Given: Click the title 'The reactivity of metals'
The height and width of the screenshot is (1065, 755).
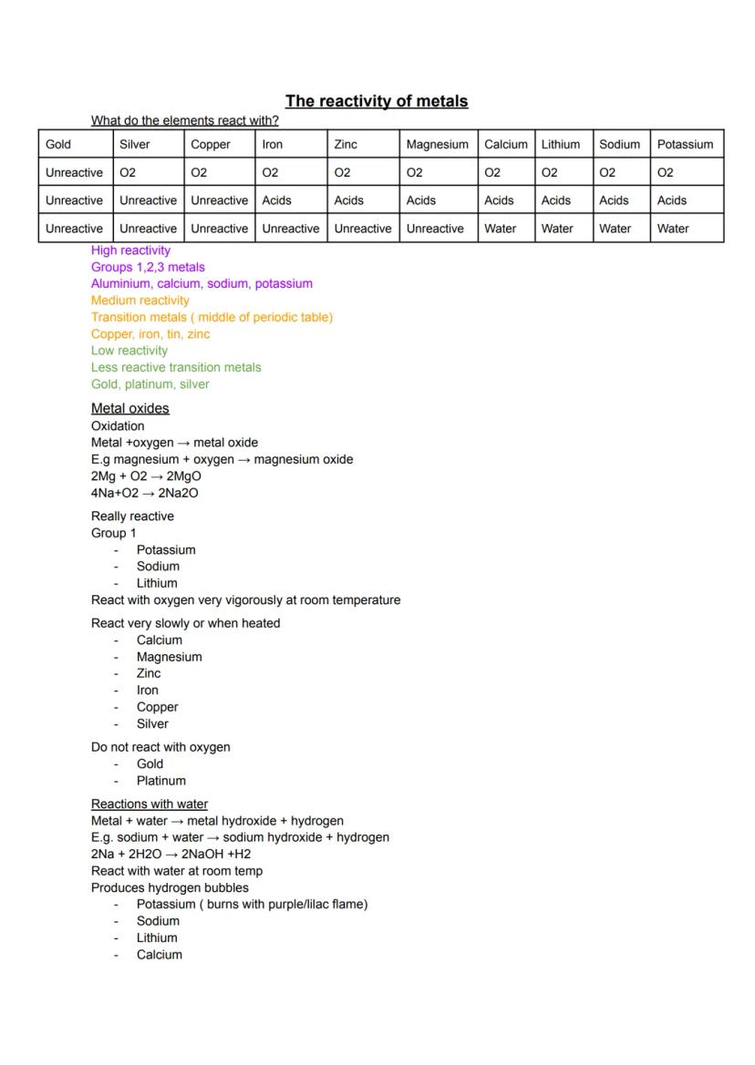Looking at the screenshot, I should [377, 101].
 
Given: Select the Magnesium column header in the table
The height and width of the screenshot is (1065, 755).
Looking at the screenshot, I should [437, 144].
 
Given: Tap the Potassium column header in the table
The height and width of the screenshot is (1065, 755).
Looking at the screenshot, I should [685, 144].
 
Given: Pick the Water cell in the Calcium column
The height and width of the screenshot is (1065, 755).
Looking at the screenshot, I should [500, 229].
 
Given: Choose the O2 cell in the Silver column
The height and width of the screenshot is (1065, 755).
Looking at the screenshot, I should [128, 172].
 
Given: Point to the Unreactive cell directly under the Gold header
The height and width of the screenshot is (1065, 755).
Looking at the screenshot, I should [74, 172].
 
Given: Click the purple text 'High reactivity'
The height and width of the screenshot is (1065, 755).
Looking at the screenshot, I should [130, 251].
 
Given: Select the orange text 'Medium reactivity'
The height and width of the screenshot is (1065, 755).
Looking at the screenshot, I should [140, 301].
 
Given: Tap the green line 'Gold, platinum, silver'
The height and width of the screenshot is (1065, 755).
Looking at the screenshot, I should [150, 384].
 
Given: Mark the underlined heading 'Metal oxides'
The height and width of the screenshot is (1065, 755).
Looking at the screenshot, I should [129, 408].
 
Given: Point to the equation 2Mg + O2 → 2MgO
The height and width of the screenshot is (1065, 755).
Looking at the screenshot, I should [146, 476].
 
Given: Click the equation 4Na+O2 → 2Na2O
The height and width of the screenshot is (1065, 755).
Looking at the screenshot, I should [144, 493].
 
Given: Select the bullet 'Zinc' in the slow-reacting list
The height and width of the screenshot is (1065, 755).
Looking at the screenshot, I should [148, 673].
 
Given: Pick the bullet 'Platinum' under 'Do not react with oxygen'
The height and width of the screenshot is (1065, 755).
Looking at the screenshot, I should [160, 781].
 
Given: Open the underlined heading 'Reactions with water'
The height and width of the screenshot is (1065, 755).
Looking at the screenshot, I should [150, 804].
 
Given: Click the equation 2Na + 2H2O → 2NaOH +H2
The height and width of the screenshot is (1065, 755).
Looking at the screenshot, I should [171, 854].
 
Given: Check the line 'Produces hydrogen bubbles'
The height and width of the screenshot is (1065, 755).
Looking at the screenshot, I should [170, 887].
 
